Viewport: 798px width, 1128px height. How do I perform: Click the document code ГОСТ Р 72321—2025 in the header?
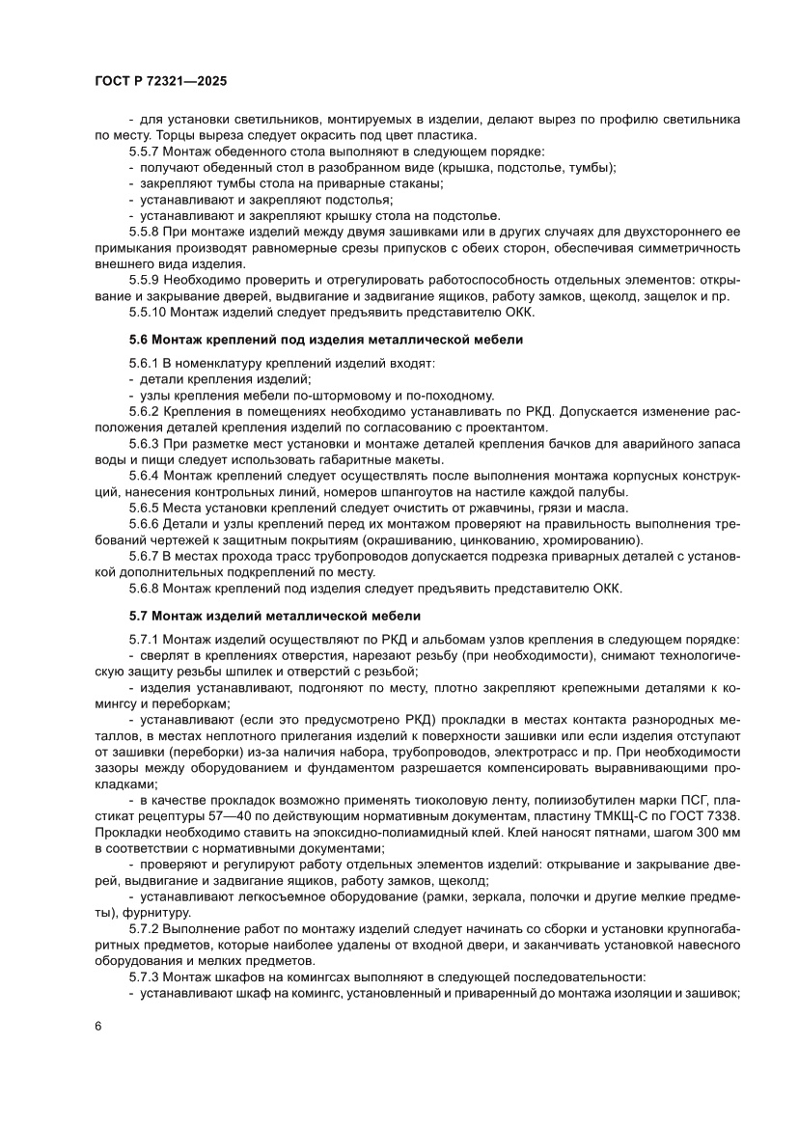pyautogui.click(x=160, y=83)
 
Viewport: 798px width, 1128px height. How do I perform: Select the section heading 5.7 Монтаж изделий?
pyautogui.click(x=275, y=615)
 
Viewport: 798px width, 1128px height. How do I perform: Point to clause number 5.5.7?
pyautogui.click(x=144, y=151)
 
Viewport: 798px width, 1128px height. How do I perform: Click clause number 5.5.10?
pyautogui.click(x=148, y=312)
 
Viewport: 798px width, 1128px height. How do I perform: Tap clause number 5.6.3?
pyautogui.click(x=144, y=444)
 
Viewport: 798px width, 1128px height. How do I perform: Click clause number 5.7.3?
pyautogui.click(x=144, y=977)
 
